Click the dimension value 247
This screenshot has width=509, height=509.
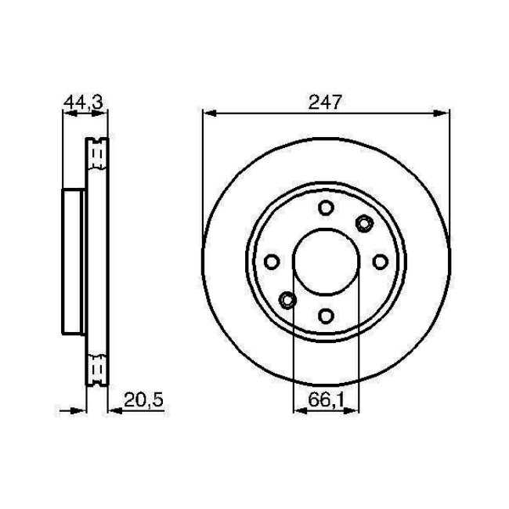pyautogui.click(x=326, y=101)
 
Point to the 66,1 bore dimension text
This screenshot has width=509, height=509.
pyautogui.click(x=325, y=399)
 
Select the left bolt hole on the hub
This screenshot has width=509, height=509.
pyautogui.click(x=272, y=261)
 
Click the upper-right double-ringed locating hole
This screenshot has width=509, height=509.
pyautogui.click(x=363, y=224)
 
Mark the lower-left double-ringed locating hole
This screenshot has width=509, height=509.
pyautogui.click(x=287, y=298)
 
